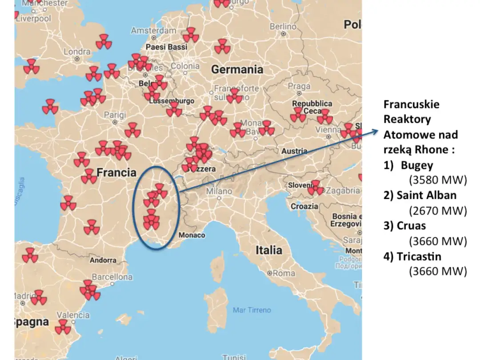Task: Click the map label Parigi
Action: (115, 115)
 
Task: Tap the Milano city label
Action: (219, 191)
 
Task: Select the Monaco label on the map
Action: (192, 235)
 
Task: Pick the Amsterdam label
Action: (153, 31)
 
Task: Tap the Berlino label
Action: (283, 27)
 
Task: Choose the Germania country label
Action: (237, 69)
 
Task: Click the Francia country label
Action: (116, 172)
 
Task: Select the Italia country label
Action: (268, 250)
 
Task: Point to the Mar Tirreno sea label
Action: (252, 310)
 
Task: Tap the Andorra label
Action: (103, 260)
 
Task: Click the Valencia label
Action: (73, 315)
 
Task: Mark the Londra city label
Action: (77, 52)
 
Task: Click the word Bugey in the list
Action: (417, 165)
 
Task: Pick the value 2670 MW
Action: (438, 211)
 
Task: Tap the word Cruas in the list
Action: (411, 225)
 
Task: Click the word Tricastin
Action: (419, 256)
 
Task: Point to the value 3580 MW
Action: (438, 180)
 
